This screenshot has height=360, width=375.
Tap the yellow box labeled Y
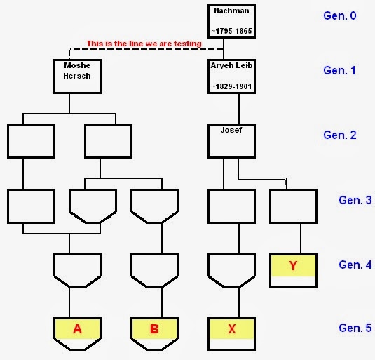tap(294, 267)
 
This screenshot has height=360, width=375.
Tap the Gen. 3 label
tap(355, 200)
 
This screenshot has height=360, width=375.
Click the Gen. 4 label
tap(355, 265)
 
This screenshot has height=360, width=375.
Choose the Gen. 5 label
tap(355, 328)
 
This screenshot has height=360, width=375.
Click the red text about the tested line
tap(144, 44)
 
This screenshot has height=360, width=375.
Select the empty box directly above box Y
tap(294, 206)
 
